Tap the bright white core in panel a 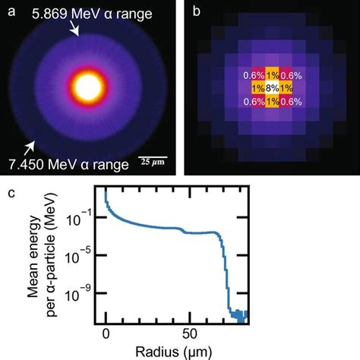click(x=88, y=88)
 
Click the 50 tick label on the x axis click(x=186, y=333)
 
